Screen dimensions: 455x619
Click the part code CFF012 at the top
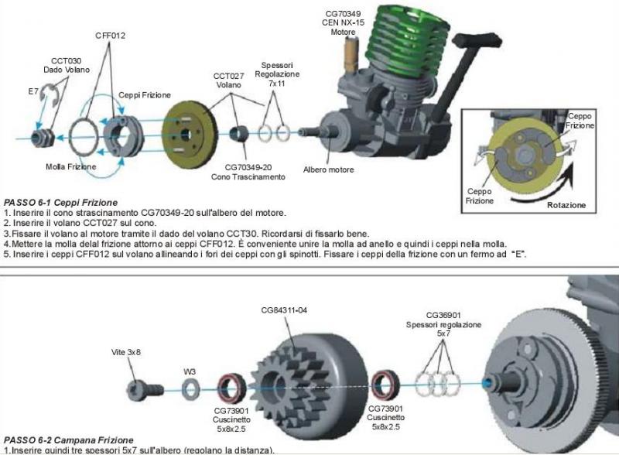(110, 36)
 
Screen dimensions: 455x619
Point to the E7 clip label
(33, 91)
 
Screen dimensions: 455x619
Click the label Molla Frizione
(71, 167)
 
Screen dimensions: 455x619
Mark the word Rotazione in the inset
(566, 205)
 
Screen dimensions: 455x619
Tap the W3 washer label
(189, 371)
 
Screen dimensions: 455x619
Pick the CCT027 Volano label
(228, 81)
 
